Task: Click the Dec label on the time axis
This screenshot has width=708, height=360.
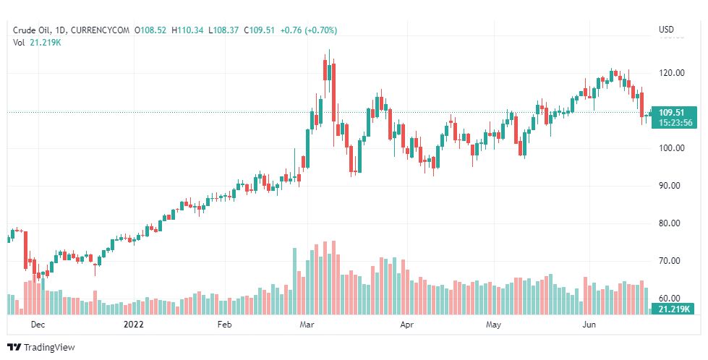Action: [38, 325]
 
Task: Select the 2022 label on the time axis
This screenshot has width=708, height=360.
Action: [134, 325]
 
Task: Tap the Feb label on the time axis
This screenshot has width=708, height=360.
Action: [225, 325]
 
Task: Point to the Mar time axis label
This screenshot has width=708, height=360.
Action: [306, 325]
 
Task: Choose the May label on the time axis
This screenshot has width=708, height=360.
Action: [493, 325]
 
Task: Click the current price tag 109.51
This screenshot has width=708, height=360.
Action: [672, 112]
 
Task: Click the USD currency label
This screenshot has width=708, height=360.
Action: [666, 30]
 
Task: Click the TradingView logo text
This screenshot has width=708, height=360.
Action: [49, 348]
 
